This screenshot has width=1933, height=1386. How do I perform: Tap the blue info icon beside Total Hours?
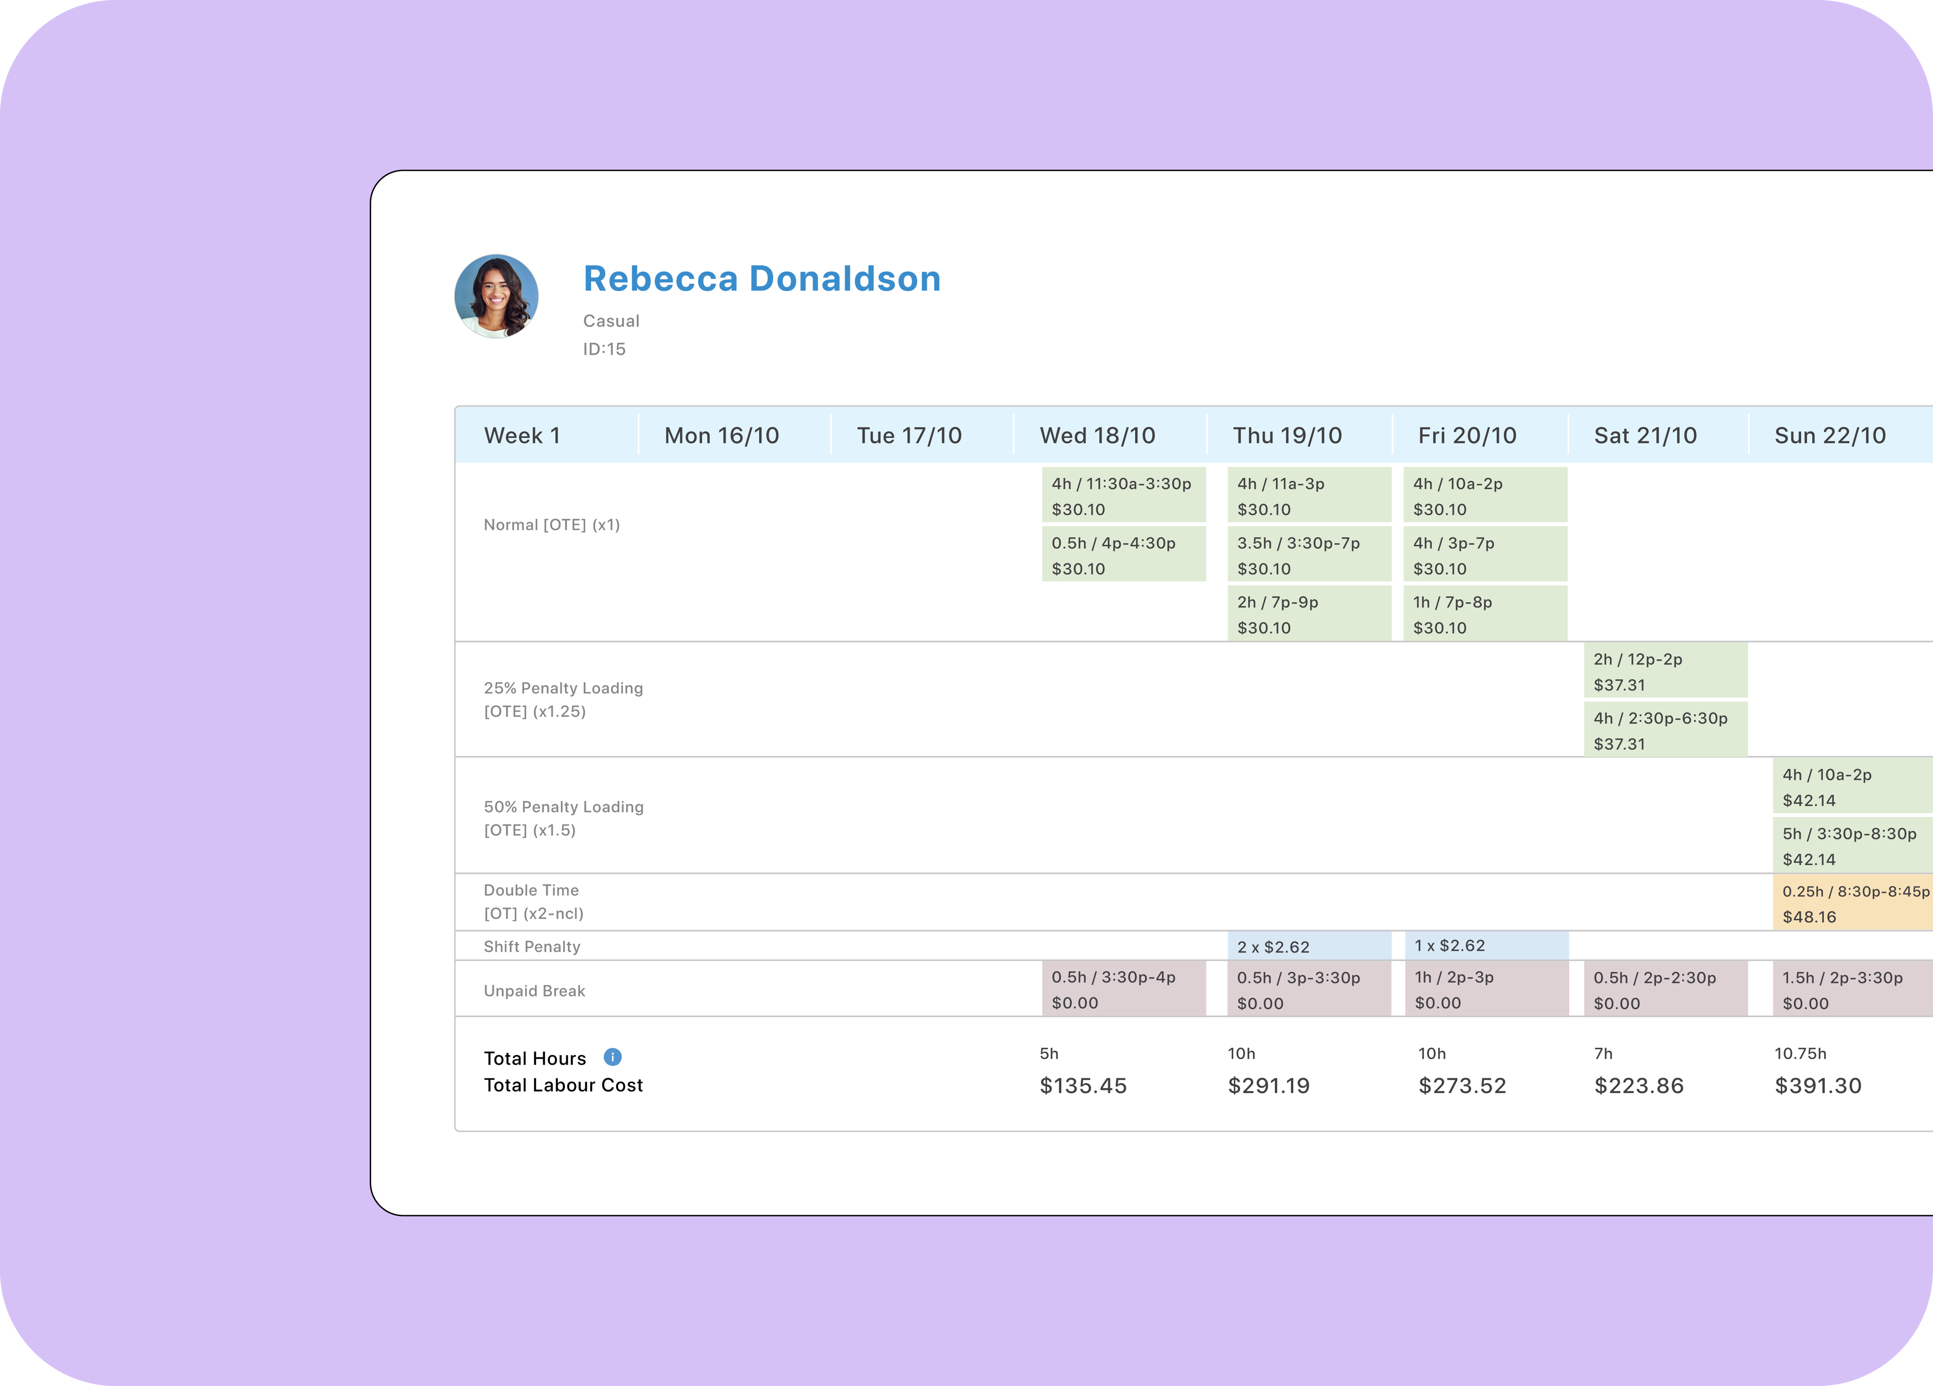point(612,1057)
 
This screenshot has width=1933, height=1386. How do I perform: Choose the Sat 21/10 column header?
point(1645,435)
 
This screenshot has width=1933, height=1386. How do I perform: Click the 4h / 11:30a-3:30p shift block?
point(1123,495)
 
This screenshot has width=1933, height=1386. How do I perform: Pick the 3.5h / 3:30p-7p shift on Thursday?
point(1308,555)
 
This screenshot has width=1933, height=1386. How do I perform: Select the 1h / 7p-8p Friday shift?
point(1484,614)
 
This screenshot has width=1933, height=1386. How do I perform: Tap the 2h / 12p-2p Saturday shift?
point(1664,671)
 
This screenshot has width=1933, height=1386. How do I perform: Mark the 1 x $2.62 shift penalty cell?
point(1486,945)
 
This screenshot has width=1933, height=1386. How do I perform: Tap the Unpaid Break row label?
point(534,991)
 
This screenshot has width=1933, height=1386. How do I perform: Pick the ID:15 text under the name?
point(604,348)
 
